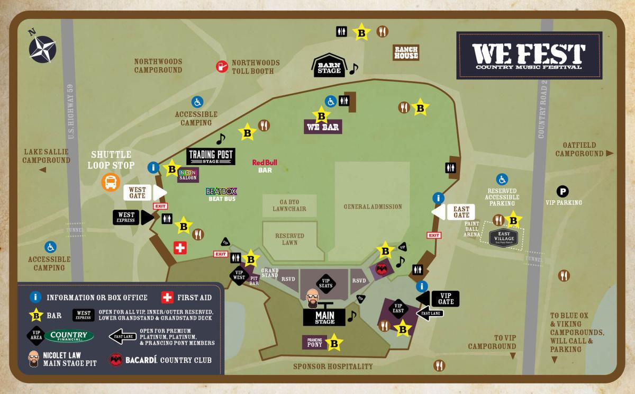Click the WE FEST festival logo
click(x=529, y=56)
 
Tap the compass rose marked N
click(x=42, y=46)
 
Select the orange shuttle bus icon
click(x=111, y=183)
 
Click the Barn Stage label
click(x=329, y=66)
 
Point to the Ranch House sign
click(x=406, y=52)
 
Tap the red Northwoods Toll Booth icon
click(x=221, y=66)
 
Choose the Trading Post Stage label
click(x=211, y=156)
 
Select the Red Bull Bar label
click(x=265, y=166)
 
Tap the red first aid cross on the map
click(x=181, y=247)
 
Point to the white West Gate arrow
click(x=144, y=193)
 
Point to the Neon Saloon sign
click(x=188, y=175)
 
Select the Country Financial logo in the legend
click(x=69, y=336)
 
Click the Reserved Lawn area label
click(x=289, y=239)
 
